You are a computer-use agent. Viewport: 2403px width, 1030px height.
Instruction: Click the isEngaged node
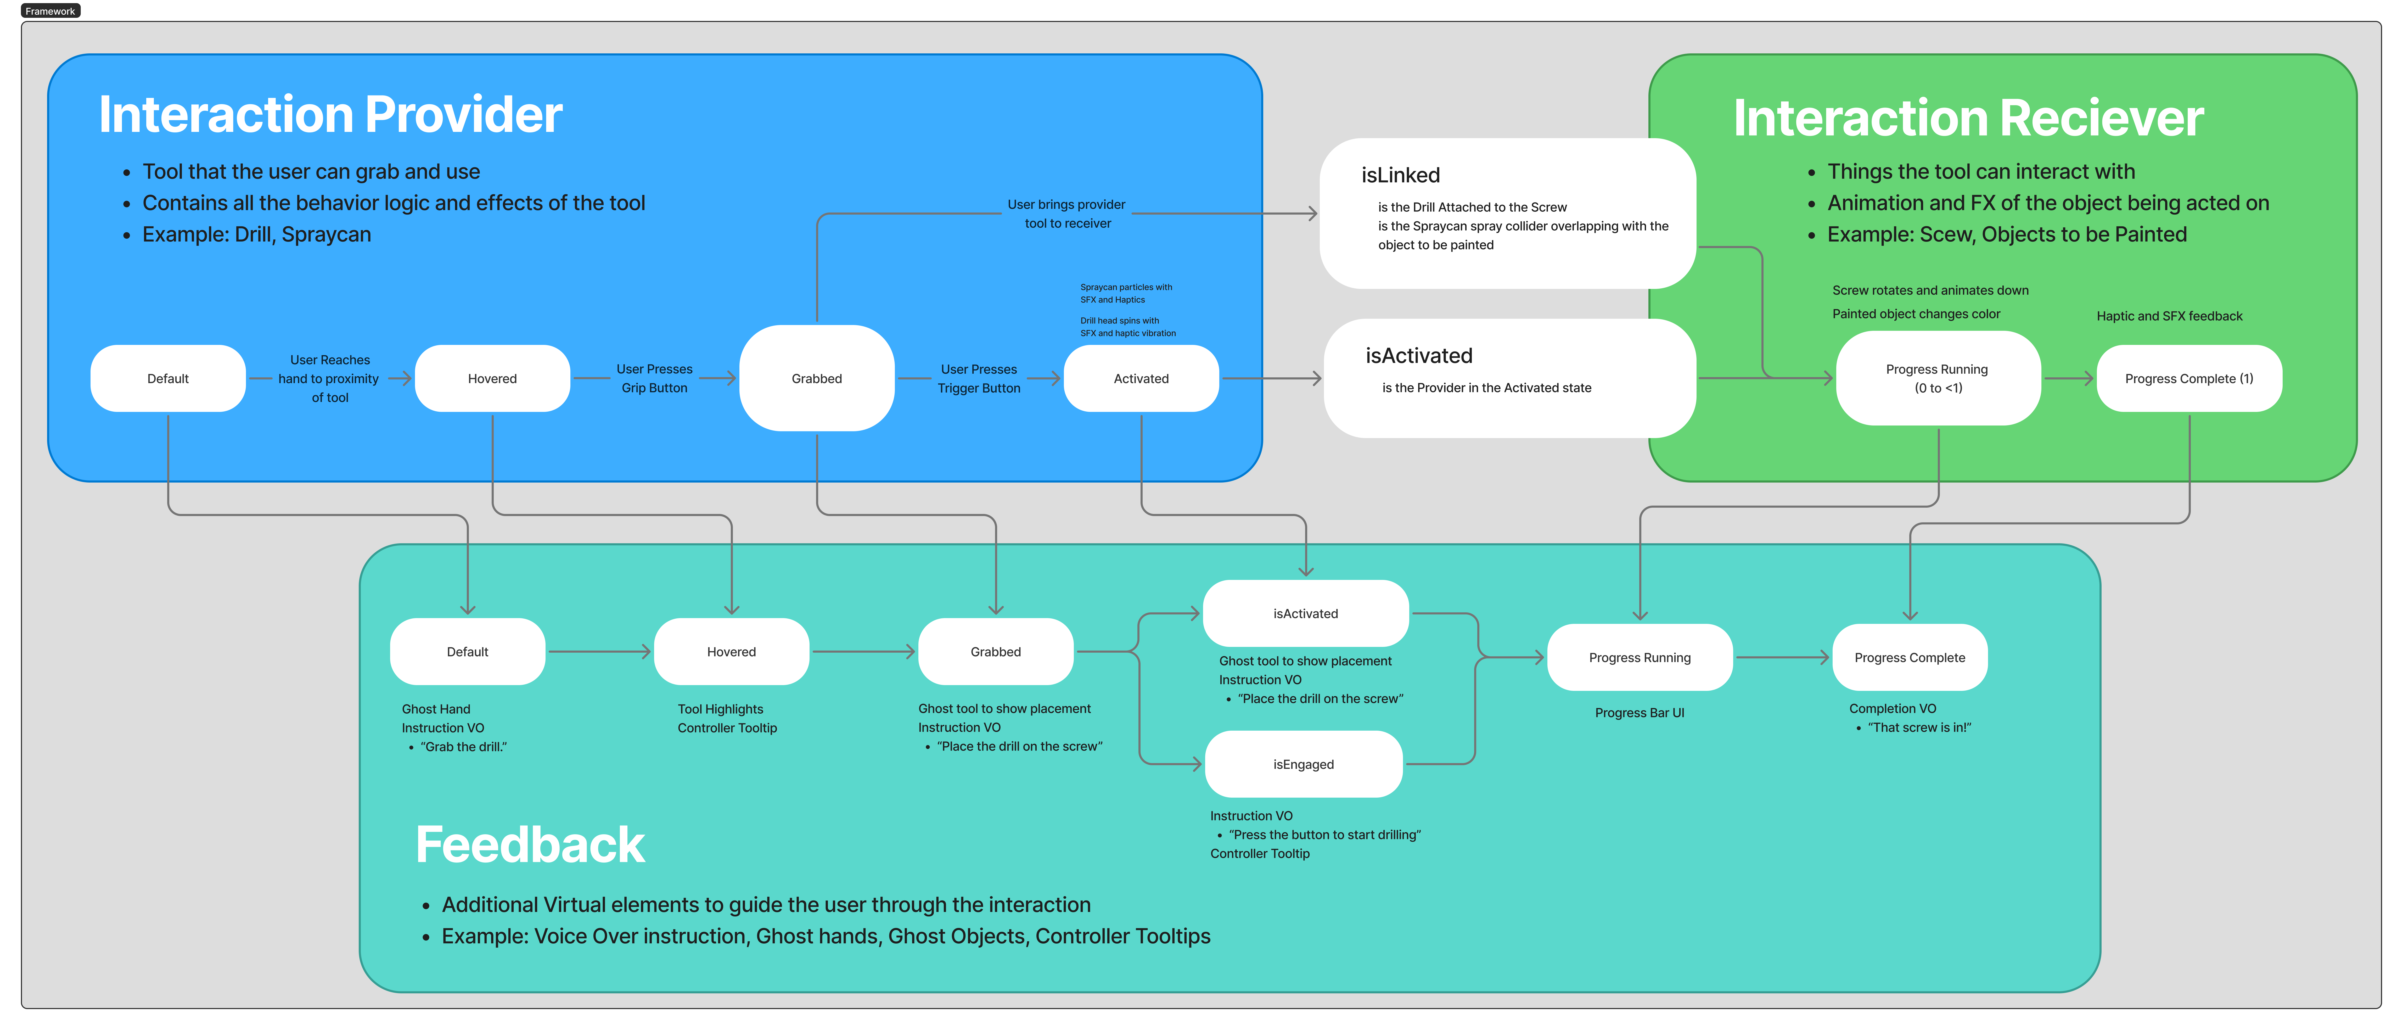pos(1303,764)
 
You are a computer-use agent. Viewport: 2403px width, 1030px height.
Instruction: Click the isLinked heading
pos(1400,175)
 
